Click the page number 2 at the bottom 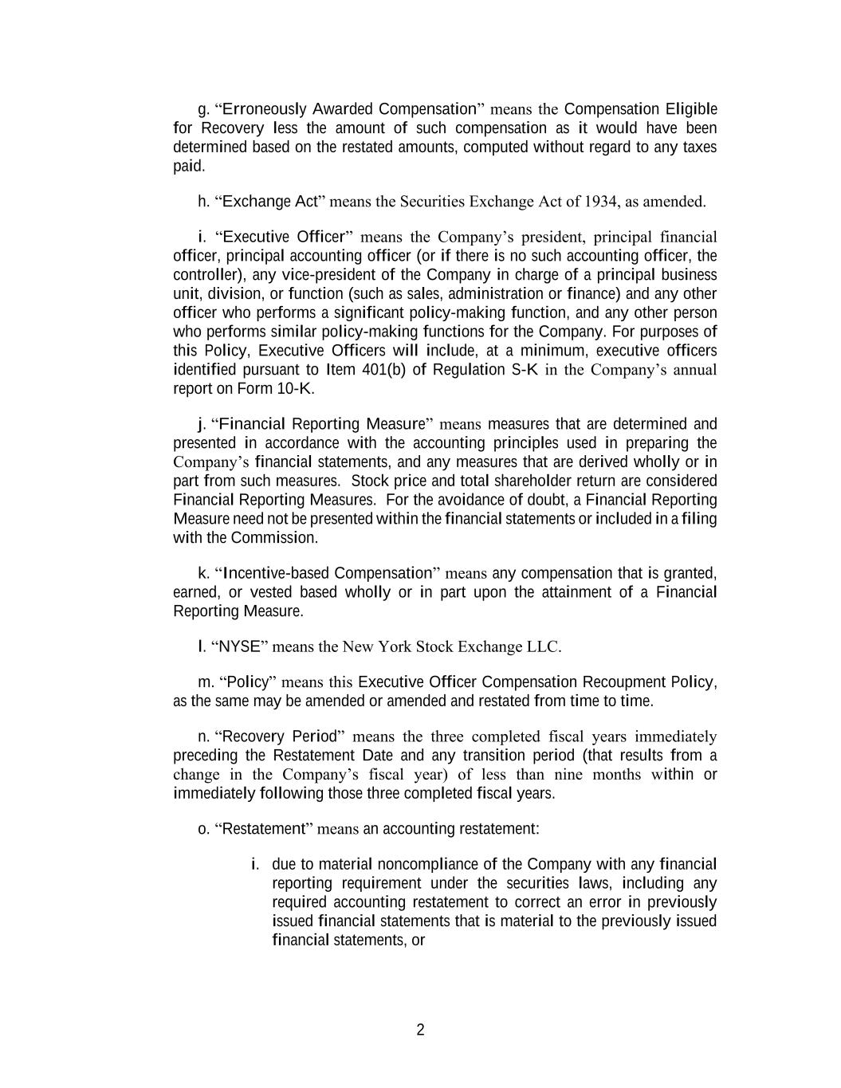click(420, 1030)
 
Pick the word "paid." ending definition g click(189, 167)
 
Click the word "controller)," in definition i click(206, 275)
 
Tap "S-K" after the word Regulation click(525, 370)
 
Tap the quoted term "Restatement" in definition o click(263, 829)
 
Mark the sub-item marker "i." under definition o click(254, 865)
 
